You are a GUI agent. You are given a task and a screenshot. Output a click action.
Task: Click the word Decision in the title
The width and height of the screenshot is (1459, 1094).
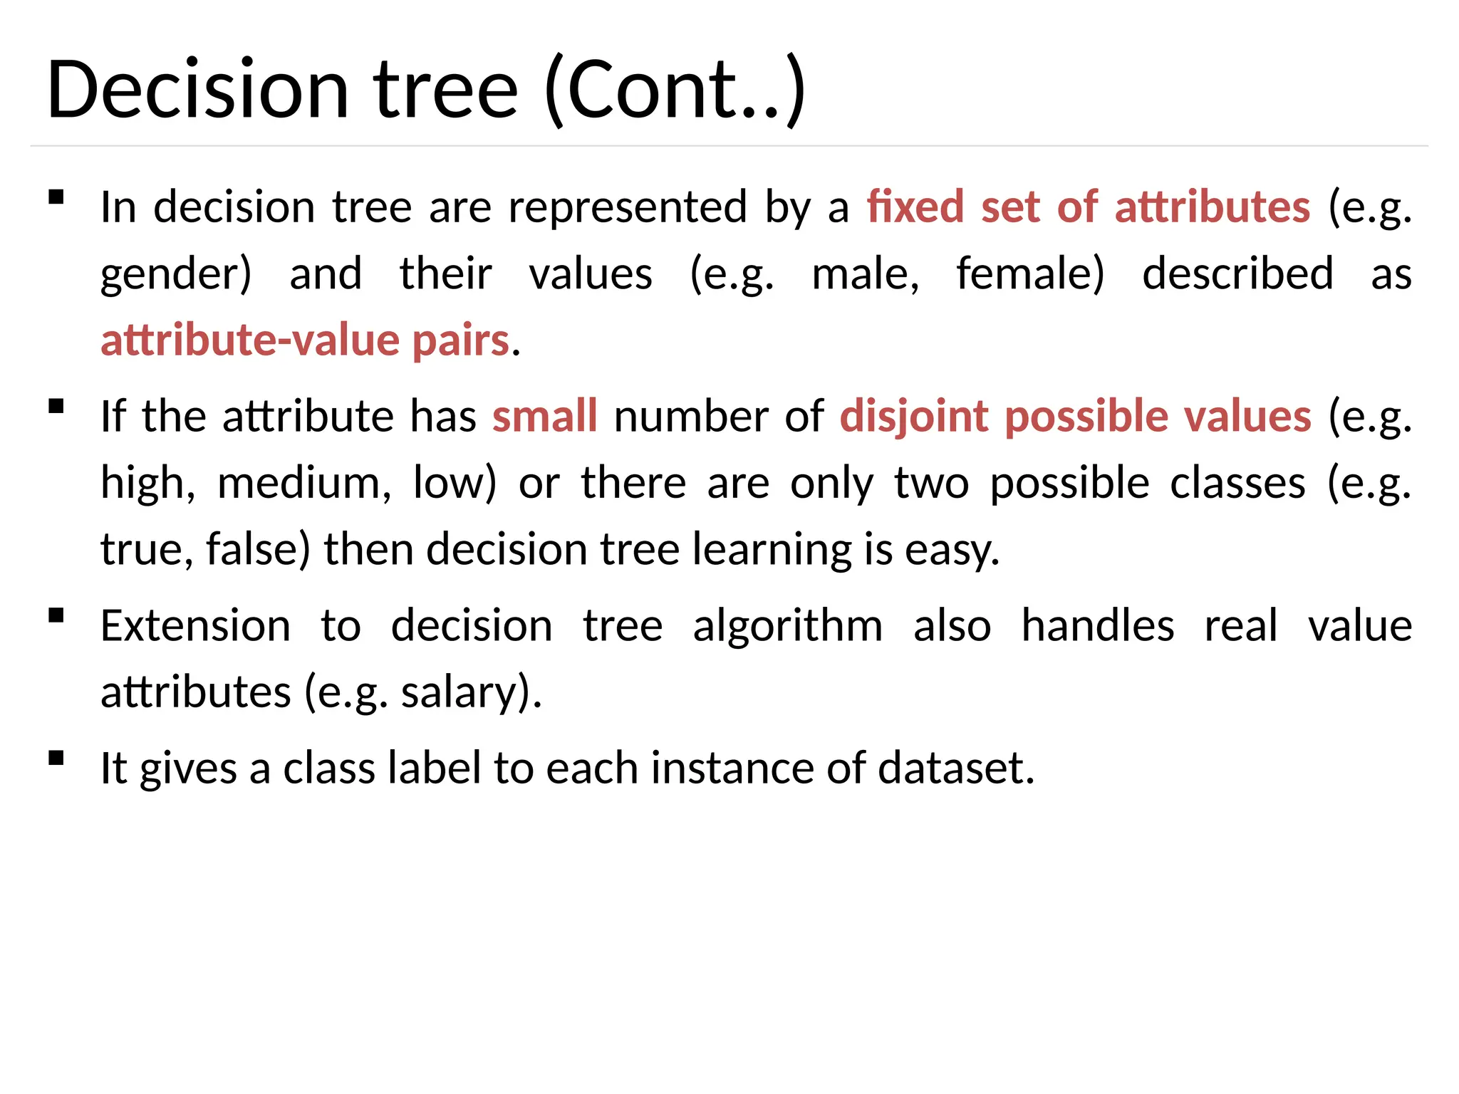click(198, 90)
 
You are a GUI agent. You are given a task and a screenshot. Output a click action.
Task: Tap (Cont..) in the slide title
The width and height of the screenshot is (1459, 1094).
click(675, 90)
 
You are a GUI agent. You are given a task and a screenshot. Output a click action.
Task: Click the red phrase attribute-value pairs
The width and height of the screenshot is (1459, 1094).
click(305, 340)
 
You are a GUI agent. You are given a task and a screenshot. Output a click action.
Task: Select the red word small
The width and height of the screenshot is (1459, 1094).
click(544, 416)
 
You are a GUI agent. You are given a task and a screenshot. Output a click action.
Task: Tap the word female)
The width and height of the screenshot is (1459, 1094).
click(1030, 273)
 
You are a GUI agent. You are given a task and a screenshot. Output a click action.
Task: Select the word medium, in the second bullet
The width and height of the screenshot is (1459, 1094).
click(304, 484)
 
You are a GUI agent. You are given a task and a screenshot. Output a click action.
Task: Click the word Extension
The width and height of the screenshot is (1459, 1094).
click(195, 626)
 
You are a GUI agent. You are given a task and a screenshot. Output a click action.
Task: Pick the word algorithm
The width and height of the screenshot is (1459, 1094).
click(787, 627)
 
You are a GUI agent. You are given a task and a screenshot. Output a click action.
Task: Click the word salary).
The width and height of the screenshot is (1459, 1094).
click(471, 693)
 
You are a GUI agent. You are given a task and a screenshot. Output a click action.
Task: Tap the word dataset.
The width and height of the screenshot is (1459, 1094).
click(955, 769)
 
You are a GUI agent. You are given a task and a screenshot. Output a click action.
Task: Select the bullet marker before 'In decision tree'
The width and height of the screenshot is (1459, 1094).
click(56, 197)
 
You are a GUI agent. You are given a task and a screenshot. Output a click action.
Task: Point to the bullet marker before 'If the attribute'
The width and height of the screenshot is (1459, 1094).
click(56, 406)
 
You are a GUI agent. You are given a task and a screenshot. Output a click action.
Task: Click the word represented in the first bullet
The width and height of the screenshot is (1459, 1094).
click(627, 207)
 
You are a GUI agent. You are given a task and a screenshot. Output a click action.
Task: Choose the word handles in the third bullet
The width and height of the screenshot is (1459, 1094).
click(1097, 626)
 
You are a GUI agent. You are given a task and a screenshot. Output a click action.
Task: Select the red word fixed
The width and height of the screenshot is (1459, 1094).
click(915, 207)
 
